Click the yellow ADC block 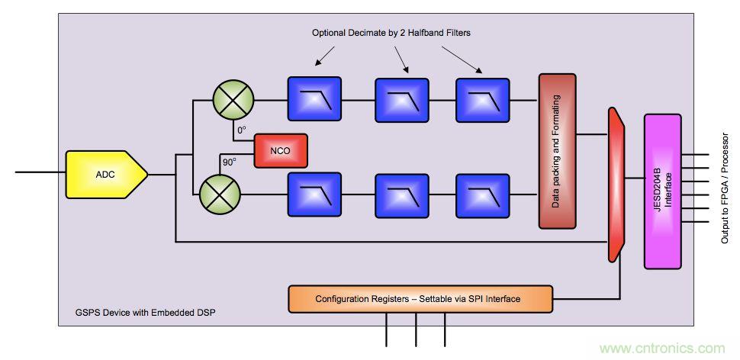tap(106, 175)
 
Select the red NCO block tap(280, 150)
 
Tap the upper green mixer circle tap(232, 99)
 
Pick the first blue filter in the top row tap(314, 99)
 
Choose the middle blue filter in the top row tap(400, 99)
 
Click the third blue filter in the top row tap(482, 99)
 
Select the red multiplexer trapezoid tap(616, 182)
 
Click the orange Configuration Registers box tap(419, 298)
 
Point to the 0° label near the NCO tap(241, 130)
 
